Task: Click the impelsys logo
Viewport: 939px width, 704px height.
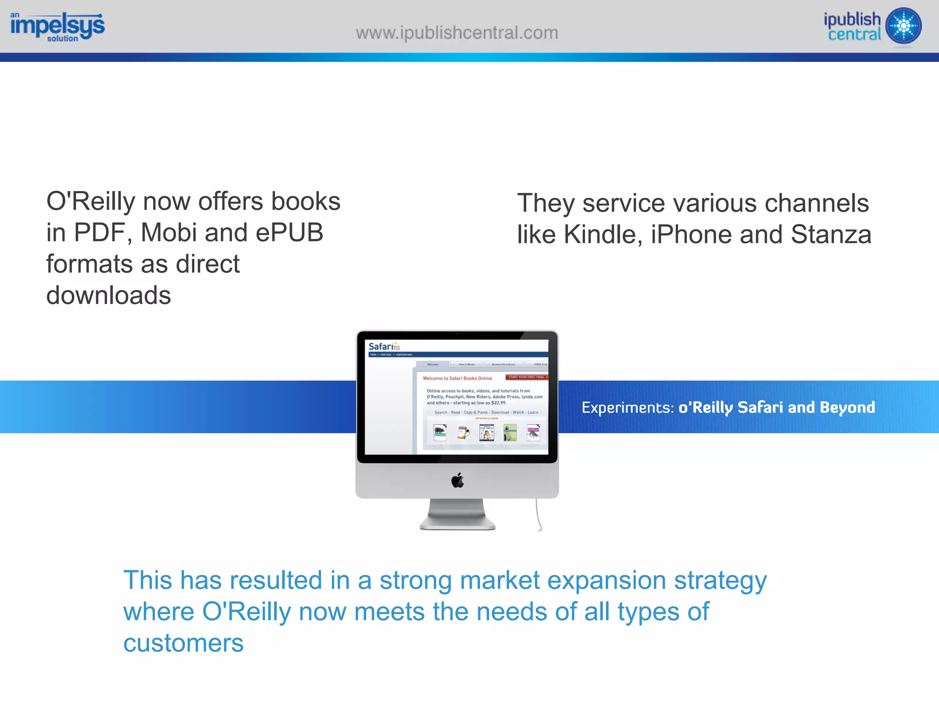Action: [57, 27]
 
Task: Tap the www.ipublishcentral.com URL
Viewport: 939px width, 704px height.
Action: [457, 33]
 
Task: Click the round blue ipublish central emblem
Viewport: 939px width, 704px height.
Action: [903, 26]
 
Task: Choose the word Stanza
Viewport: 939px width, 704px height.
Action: [831, 235]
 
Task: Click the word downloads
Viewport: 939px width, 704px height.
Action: [109, 295]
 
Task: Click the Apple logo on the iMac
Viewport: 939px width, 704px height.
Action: [458, 480]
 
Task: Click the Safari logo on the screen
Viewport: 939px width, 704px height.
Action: [381, 347]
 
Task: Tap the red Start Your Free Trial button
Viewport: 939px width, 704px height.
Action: [527, 377]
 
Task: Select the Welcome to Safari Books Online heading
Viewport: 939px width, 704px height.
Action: [457, 378]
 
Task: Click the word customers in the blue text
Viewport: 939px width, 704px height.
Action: [183, 643]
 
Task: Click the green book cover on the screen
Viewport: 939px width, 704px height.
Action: [510, 432]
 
